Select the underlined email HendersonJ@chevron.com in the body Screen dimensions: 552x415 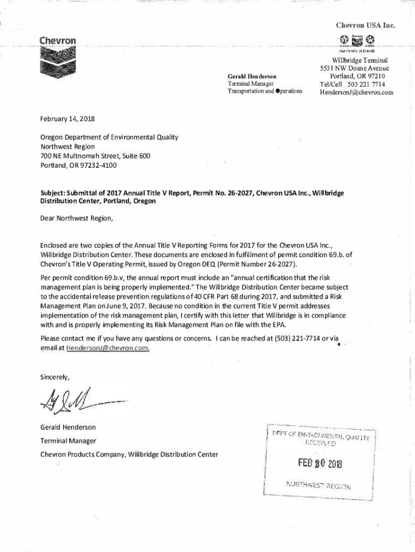[108, 348]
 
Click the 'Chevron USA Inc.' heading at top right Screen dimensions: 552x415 [365, 25]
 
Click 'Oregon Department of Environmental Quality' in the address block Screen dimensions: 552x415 [109, 137]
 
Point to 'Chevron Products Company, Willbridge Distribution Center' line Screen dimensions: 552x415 [129, 454]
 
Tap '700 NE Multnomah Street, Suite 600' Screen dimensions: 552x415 [95, 156]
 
